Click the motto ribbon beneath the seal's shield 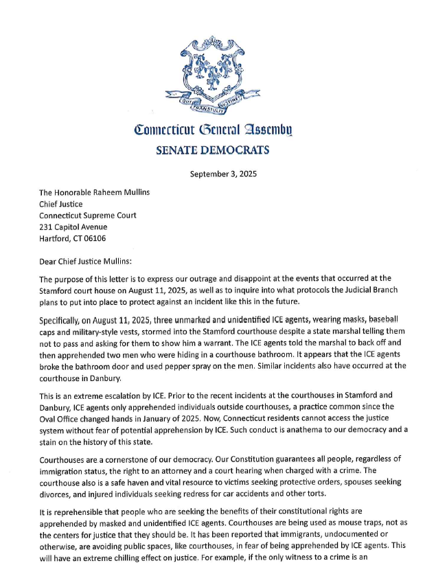217,102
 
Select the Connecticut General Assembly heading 217,129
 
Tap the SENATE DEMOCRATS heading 217,149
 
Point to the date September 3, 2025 217,174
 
